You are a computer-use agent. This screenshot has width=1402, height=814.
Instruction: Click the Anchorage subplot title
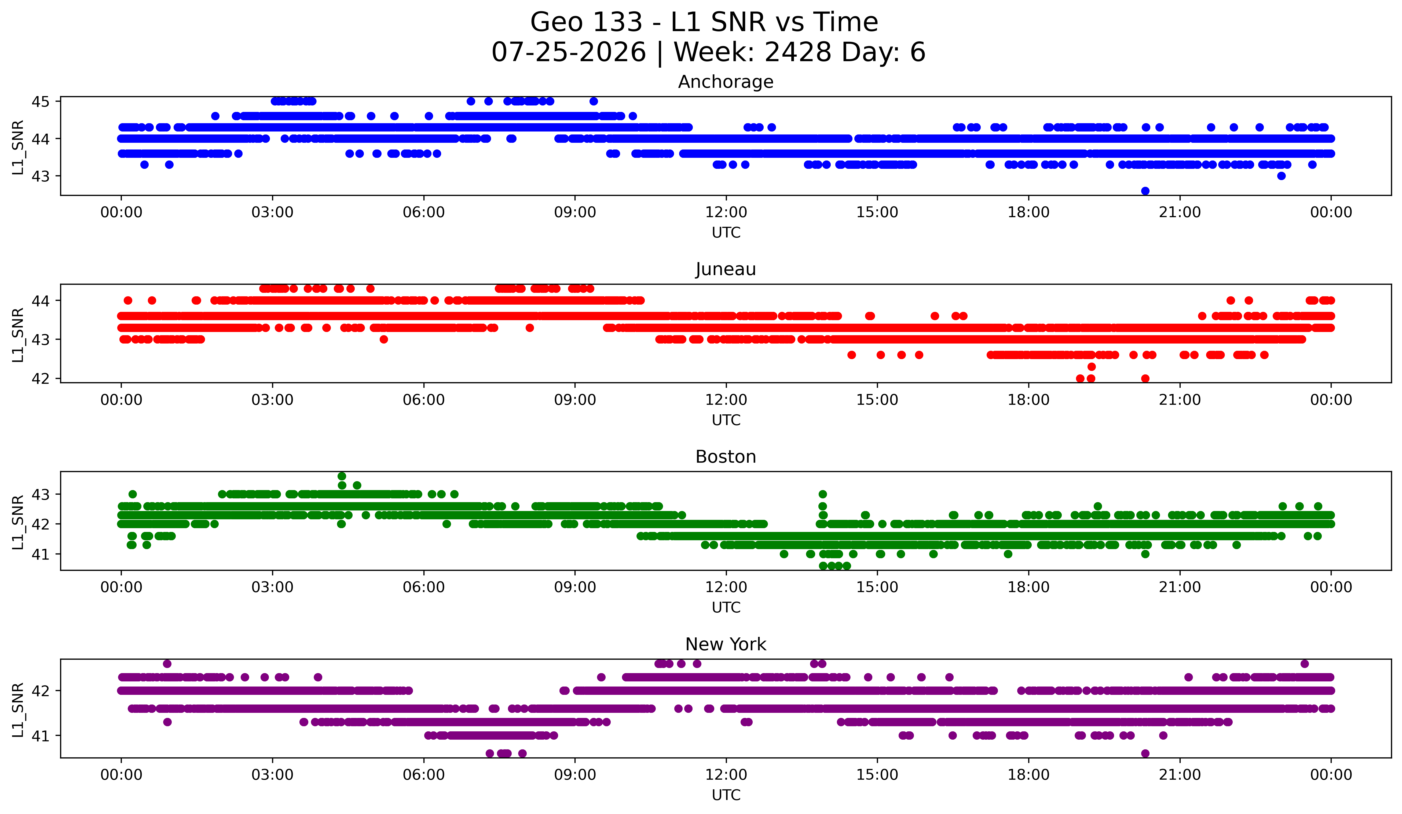[726, 82]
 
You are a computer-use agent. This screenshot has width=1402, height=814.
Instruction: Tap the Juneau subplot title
[726, 269]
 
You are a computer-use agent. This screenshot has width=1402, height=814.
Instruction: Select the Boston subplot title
[726, 457]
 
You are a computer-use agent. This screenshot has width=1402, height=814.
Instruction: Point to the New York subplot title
[726, 644]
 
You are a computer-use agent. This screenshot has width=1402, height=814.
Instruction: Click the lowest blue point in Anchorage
[1145, 191]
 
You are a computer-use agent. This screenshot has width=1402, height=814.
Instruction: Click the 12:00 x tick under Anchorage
[726, 213]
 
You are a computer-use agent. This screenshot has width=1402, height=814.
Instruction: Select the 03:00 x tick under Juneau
[273, 400]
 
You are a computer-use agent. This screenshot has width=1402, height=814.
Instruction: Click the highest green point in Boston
[342, 476]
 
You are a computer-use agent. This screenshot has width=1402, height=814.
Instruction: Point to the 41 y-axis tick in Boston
[41, 554]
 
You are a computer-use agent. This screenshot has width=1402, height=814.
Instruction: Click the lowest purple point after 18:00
[1145, 753]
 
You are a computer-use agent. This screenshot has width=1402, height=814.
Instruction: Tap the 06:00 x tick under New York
[424, 775]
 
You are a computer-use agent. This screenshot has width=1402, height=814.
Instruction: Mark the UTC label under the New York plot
[726, 795]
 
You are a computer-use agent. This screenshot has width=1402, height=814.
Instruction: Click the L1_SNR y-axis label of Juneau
[18, 335]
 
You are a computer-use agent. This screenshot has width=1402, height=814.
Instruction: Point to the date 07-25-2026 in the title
[569, 52]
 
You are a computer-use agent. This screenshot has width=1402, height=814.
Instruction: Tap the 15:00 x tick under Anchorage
[877, 213]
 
